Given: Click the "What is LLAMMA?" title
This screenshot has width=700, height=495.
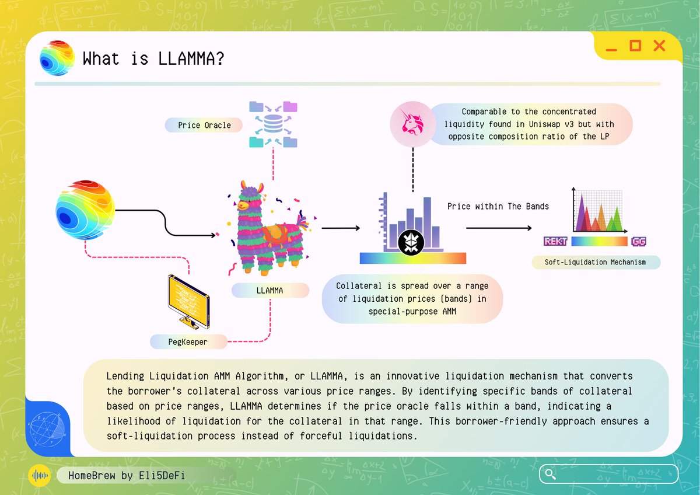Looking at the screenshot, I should click(153, 59).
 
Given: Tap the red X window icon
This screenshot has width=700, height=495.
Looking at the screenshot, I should click(659, 46).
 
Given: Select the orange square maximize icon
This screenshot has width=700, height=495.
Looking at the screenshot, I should click(635, 46).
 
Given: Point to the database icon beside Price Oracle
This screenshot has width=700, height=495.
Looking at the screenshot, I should click(273, 124).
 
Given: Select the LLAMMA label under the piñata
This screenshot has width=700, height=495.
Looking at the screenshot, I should click(269, 290).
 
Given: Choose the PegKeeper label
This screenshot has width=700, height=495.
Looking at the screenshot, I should click(187, 341).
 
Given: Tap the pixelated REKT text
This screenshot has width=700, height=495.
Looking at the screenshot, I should click(555, 241).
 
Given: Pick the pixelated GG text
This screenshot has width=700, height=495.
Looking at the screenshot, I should click(638, 241).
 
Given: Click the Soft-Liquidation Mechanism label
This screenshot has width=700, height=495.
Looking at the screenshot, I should click(595, 262).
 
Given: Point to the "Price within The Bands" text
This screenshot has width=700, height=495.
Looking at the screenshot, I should click(498, 206).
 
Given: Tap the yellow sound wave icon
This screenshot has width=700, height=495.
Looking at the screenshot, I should click(40, 475).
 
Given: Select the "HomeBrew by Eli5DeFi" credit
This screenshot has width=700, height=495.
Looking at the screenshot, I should click(127, 475).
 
